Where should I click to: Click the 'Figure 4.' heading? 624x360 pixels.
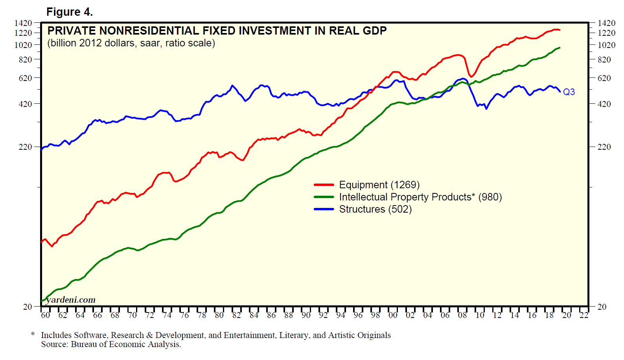(70, 12)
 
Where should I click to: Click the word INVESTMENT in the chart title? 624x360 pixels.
(271, 31)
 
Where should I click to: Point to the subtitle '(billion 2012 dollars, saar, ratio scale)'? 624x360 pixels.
(131, 43)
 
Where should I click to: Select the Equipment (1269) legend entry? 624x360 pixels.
(379, 185)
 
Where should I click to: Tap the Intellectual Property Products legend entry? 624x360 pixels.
(420, 197)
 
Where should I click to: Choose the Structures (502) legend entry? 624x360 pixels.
(375, 209)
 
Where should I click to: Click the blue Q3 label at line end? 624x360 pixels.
(569, 92)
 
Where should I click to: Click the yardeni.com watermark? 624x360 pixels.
(71, 300)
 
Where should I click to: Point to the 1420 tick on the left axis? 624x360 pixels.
(23, 23)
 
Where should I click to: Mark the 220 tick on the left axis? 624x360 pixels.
(26, 147)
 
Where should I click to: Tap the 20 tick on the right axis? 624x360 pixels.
(602, 307)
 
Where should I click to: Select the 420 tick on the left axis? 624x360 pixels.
(26, 104)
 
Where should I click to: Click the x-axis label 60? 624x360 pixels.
(46, 315)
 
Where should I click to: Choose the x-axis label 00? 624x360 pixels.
(393, 315)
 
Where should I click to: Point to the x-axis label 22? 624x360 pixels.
(584, 315)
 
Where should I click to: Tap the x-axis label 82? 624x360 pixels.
(236, 315)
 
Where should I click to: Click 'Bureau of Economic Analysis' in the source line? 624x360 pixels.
(125, 345)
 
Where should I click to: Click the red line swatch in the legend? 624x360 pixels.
(324, 185)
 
